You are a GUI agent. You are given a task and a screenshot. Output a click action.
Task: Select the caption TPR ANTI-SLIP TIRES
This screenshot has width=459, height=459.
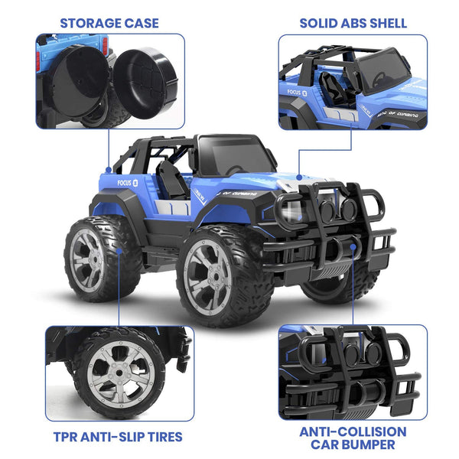[x=118, y=437]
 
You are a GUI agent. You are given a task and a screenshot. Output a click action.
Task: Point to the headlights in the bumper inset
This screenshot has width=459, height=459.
[x=352, y=356]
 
